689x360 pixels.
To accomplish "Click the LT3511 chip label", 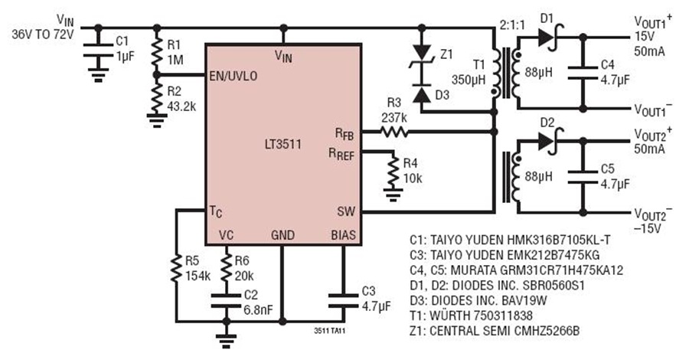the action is [x=283, y=145].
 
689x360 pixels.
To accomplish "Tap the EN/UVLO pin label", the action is [x=233, y=76].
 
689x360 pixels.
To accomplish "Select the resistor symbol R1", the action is [x=157, y=51].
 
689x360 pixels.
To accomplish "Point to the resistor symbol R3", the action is [x=394, y=132].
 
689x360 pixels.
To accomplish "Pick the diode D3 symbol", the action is [x=422, y=95].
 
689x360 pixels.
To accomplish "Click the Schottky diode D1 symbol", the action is [x=549, y=38].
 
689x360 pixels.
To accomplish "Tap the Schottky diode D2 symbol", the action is [x=549, y=141].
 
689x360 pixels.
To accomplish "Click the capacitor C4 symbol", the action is [x=583, y=73].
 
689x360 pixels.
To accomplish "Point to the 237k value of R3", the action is [x=394, y=118].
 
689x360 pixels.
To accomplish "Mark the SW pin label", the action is [x=346, y=211].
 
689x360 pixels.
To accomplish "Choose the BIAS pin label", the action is [x=344, y=235].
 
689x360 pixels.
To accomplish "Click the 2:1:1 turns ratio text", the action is [x=512, y=25].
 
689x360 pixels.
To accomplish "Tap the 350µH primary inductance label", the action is [x=469, y=80].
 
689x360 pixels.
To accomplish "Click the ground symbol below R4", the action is [x=393, y=195].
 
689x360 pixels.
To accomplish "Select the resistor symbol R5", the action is [x=176, y=269].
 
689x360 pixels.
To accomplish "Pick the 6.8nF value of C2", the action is [x=258, y=309].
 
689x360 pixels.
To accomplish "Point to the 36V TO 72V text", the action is [x=43, y=34].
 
